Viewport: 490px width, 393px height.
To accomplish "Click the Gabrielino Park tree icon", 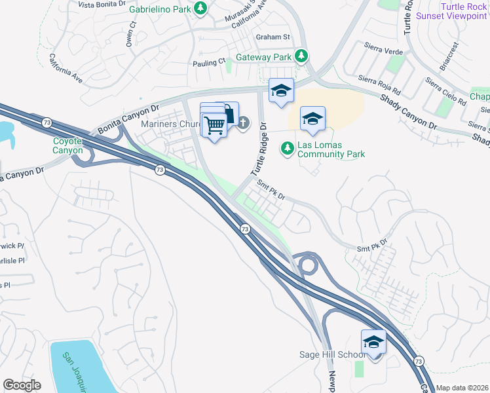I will (x=201, y=10).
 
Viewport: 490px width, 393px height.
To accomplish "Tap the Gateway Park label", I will (x=263, y=57).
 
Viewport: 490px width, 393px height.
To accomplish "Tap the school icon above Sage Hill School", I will (x=373, y=342).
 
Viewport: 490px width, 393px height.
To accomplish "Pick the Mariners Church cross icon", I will (x=243, y=122).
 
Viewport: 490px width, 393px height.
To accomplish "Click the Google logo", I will (x=22, y=385).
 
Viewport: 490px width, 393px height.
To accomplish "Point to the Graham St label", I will (x=273, y=37).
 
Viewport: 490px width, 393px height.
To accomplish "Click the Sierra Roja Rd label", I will (x=379, y=84).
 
